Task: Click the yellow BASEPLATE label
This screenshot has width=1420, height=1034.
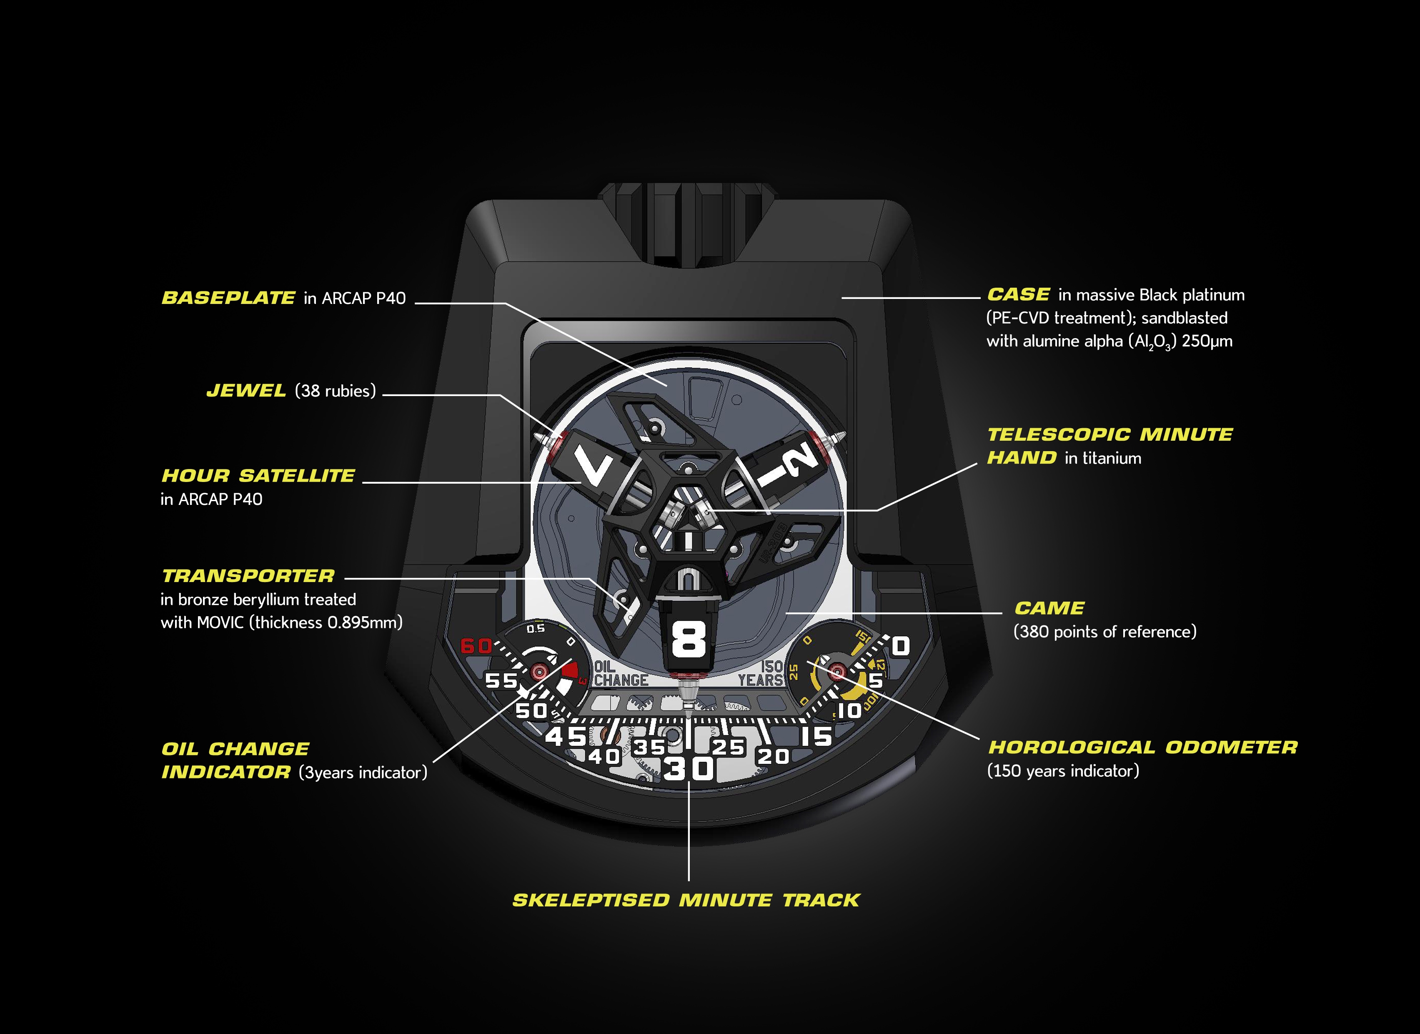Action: [x=228, y=298]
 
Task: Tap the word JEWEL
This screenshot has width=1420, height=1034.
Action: [x=246, y=391]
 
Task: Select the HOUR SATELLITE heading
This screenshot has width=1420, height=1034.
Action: [x=258, y=476]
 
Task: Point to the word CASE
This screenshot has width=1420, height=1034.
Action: [x=1018, y=294]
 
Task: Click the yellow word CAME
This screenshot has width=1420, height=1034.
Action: [x=1049, y=608]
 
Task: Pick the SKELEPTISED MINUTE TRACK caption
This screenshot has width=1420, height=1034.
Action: [x=686, y=900]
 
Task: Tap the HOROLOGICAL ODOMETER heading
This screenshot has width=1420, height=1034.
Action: [x=1143, y=747]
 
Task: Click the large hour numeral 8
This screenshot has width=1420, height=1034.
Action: [x=689, y=640]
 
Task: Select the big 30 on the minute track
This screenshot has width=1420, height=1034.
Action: [x=689, y=768]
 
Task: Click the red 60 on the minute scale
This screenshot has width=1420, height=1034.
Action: [x=476, y=646]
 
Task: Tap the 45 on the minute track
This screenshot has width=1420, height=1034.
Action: [x=566, y=736]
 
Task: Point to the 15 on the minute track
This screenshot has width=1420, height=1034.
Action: [x=817, y=736]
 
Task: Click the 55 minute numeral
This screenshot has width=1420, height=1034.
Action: [x=501, y=681]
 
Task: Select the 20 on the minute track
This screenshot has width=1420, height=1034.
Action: [x=773, y=757]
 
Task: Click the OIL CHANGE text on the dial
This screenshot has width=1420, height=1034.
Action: [x=621, y=673]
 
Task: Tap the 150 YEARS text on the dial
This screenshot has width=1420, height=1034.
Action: [x=761, y=673]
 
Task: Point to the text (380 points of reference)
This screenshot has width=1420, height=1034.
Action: [x=1105, y=631]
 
